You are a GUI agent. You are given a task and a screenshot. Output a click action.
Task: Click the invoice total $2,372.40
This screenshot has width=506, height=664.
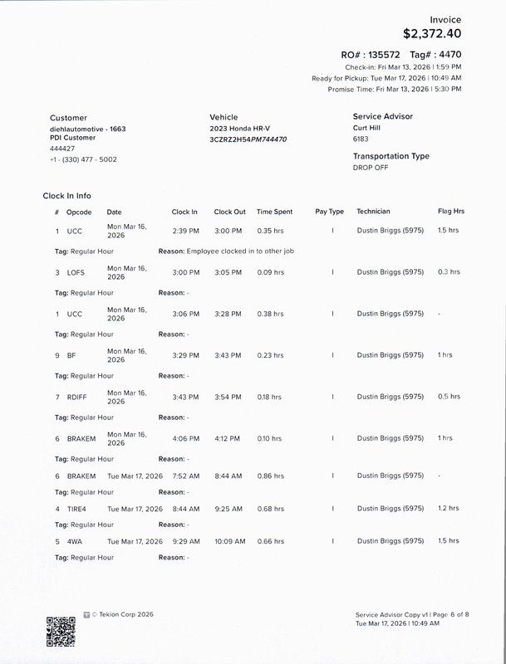[432, 34]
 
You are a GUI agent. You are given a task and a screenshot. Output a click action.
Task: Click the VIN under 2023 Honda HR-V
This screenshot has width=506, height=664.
[248, 139]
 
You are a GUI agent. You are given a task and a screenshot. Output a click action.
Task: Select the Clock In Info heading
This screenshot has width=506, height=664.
[67, 196]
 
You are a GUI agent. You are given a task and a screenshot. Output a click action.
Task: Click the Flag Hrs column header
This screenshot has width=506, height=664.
[451, 212]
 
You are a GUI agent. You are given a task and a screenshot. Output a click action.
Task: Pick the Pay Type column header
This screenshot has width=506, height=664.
[329, 212]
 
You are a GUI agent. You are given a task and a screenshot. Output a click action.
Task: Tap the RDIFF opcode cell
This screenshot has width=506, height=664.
[76, 397]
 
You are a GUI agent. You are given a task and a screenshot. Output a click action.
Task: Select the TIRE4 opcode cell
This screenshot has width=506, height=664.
[76, 509]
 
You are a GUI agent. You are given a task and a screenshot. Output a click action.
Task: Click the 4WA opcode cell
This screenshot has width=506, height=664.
[74, 541]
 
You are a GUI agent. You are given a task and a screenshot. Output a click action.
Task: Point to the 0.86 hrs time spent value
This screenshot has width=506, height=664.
[270, 476]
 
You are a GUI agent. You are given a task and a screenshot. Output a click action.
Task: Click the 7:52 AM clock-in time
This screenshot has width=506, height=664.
[186, 476]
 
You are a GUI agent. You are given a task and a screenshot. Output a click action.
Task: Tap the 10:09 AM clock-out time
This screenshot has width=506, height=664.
[229, 541]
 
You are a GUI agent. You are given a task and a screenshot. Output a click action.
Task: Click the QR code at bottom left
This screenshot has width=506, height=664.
[60, 631]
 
